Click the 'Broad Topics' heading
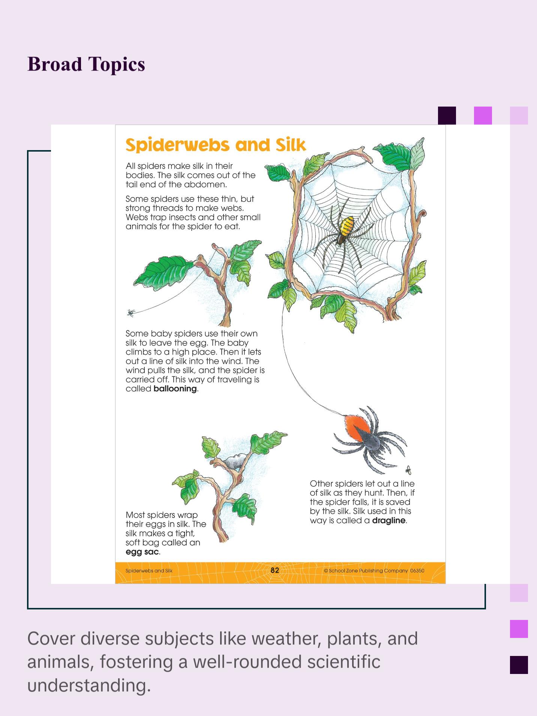pos(86,64)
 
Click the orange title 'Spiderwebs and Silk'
pos(216,145)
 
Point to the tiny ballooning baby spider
pos(130,312)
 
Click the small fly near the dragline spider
pos(408,470)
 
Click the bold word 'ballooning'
pos(175,389)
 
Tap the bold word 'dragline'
pos(389,520)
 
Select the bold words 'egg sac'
pos(142,552)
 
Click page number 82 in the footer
pos(275,570)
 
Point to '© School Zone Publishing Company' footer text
pos(366,571)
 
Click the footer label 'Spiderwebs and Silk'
pos(149,571)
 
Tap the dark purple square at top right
pos(447,115)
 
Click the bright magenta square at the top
pos(483,115)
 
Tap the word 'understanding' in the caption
pos(89,685)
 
